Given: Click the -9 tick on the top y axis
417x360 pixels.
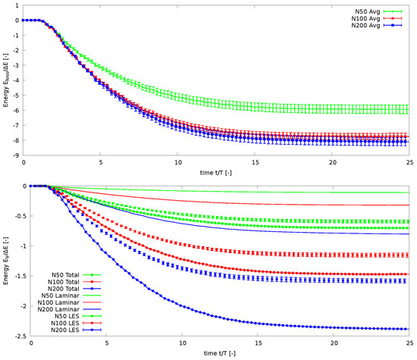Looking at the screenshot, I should click(x=17, y=156).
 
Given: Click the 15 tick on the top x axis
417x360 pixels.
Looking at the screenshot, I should click(x=255, y=164).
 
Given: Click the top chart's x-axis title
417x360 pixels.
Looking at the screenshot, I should click(x=218, y=172).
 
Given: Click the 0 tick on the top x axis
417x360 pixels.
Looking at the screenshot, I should click(x=24, y=164).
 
